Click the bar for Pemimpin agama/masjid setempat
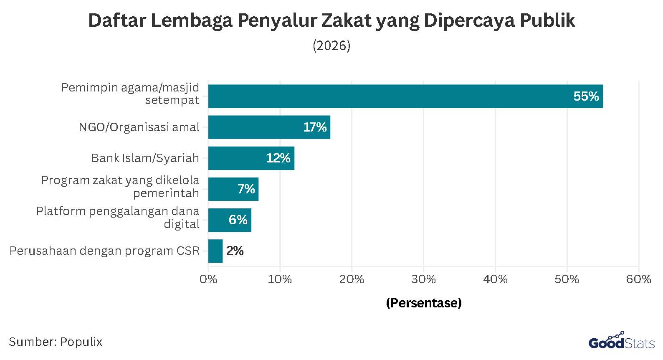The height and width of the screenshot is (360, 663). (405, 96)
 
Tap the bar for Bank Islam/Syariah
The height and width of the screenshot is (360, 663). (251, 158)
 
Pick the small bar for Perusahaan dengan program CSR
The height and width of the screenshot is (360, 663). (215, 251)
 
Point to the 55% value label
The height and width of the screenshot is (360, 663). (586, 96)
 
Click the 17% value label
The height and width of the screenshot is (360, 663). (315, 127)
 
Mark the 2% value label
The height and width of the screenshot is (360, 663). (235, 251)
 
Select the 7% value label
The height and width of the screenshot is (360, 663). (246, 189)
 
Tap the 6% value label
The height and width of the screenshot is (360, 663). (238, 220)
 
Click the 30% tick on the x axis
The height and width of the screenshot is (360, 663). (423, 279)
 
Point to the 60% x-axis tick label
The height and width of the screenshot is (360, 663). (638, 279)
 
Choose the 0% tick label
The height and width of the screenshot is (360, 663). (208, 279)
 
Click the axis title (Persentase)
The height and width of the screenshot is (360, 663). (423, 303)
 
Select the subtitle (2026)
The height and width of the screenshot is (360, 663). (331, 46)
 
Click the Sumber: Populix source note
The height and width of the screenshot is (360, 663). (56, 342)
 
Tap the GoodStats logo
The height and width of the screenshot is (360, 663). (621, 341)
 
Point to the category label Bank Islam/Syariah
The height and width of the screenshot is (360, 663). (145, 158)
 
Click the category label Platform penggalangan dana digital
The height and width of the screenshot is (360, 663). (118, 217)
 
